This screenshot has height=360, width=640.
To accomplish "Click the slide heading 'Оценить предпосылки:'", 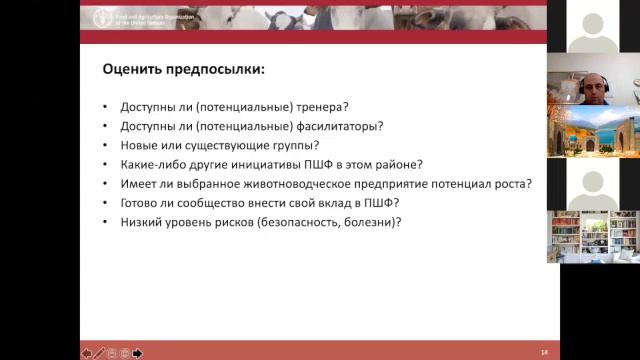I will tap(184, 70).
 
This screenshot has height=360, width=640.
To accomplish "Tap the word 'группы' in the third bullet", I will tap(281, 145).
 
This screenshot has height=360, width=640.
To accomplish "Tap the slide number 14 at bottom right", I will tap(544, 352).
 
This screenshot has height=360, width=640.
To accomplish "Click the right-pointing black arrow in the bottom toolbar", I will tap(138, 352).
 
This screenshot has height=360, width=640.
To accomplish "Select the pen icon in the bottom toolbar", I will tap(99, 352).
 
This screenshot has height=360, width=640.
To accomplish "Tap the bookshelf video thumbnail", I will tap(593, 236).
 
